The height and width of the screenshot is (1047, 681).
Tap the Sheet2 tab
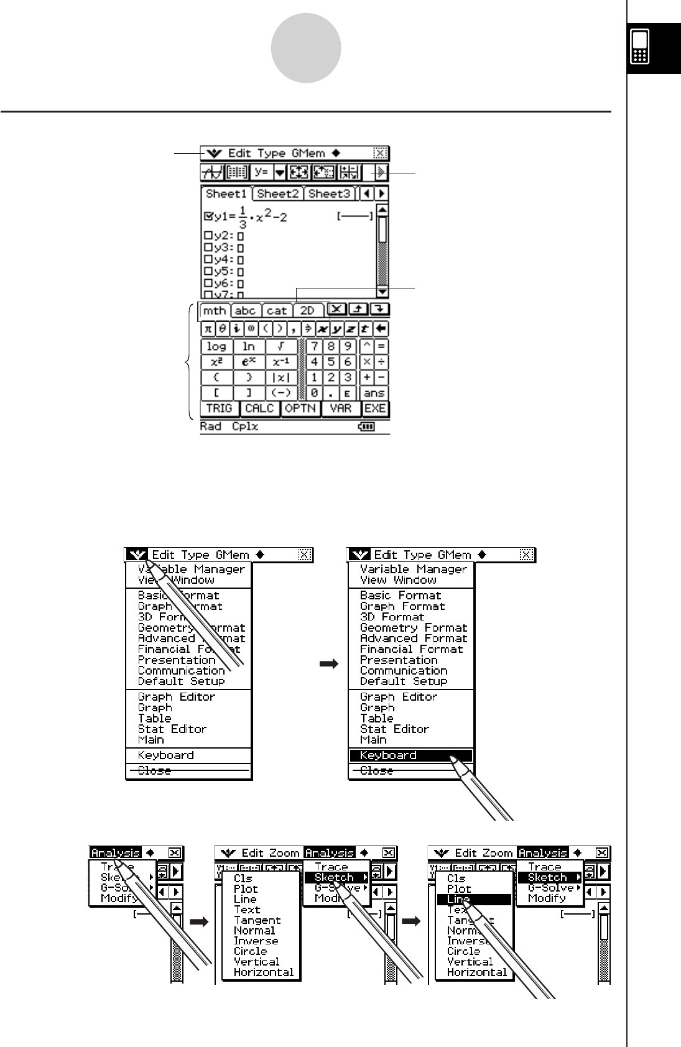(278, 193)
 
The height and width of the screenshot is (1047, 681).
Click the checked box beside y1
(208, 216)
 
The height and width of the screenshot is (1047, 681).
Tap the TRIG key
(218, 408)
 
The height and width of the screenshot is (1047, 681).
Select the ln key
(249, 346)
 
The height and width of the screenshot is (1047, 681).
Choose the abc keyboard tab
(246, 310)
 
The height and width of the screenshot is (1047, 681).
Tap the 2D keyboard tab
(307, 310)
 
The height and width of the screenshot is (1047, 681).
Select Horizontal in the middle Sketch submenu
(263, 972)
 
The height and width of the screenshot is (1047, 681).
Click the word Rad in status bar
(211, 427)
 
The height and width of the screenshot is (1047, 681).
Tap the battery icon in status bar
(368, 427)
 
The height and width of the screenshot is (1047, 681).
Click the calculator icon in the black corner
(640, 47)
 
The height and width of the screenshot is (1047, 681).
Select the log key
(216, 346)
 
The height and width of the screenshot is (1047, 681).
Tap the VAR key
(340, 408)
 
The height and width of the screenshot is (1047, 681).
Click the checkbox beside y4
(208, 259)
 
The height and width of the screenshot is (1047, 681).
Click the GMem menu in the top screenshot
(308, 153)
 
